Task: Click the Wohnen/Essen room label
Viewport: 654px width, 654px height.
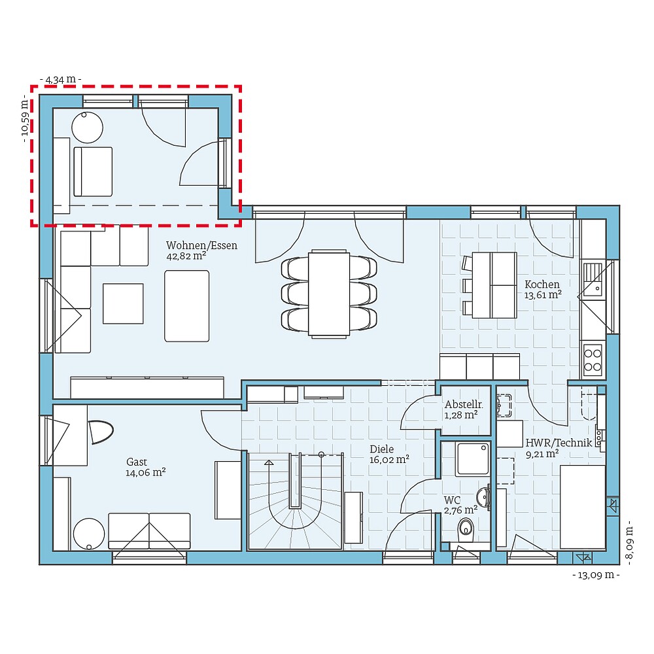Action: click(x=201, y=246)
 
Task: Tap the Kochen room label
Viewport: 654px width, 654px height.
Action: click(x=542, y=284)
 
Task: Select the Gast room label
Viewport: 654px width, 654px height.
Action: click(x=137, y=461)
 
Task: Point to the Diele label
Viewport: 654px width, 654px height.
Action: click(x=382, y=449)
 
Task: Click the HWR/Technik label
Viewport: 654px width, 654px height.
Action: click(x=559, y=443)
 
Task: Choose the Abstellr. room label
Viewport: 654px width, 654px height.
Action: click(x=463, y=404)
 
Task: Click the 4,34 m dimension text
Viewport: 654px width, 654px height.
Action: click(x=61, y=79)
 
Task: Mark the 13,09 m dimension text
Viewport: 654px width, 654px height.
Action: click(x=595, y=576)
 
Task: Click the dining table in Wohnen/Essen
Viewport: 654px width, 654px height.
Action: click(x=329, y=292)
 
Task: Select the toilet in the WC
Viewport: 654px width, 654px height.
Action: click(x=466, y=527)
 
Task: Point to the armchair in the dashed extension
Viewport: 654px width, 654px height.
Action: click(x=92, y=171)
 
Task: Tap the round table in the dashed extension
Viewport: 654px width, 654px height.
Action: click(x=87, y=127)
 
